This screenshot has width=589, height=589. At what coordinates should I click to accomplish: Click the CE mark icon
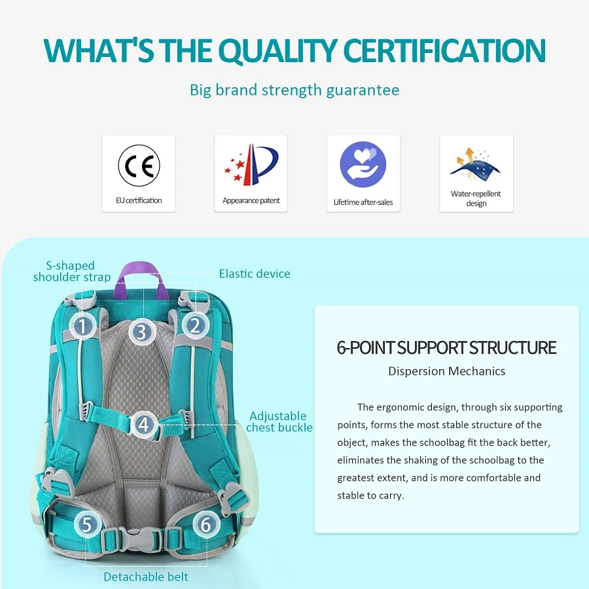[x=139, y=166]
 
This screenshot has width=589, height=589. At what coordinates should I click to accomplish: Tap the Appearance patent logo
[x=251, y=166]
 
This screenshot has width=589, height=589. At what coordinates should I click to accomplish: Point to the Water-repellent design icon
[x=476, y=164]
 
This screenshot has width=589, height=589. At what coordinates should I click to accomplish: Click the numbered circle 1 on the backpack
[x=83, y=325]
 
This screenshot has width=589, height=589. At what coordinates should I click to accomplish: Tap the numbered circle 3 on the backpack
[x=141, y=332]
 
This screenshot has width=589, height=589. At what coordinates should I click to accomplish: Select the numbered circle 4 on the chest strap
[x=144, y=425]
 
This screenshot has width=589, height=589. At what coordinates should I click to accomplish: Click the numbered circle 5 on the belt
[x=88, y=524]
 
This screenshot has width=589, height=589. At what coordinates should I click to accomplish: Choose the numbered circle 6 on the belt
[x=205, y=524]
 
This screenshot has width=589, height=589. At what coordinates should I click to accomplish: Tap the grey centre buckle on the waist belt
[x=141, y=539]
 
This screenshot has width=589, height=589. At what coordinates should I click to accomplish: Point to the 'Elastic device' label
[x=255, y=274]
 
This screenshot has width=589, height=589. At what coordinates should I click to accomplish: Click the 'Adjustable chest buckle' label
[x=279, y=421]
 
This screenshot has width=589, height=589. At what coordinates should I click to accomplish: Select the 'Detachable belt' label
[x=146, y=577]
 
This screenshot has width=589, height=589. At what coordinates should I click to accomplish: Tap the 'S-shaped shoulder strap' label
[x=71, y=271]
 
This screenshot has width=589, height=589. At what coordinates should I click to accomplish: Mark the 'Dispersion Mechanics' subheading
[x=446, y=371]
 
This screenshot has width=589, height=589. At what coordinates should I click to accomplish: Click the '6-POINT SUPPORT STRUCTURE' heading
[x=446, y=348]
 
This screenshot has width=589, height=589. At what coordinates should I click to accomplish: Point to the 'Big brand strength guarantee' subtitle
[x=294, y=90]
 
